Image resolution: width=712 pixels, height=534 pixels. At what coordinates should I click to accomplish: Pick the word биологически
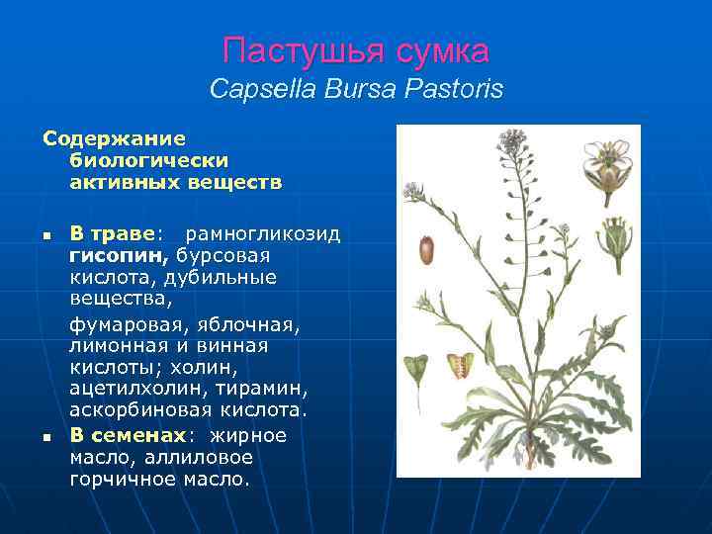click(x=149, y=160)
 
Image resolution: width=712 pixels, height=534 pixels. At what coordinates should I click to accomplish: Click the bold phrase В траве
click(x=112, y=234)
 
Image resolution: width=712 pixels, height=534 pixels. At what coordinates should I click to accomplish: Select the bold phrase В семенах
click(x=128, y=435)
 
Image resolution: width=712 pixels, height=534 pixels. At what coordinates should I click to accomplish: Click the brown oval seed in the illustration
click(x=426, y=248)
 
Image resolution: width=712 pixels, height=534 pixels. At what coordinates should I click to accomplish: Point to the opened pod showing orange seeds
click(x=460, y=365)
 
